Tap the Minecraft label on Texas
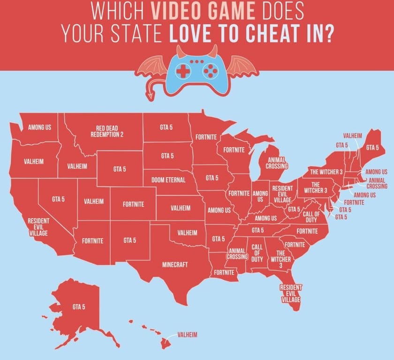(175, 265)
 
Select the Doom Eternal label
(168, 180)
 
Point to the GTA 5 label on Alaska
(79, 307)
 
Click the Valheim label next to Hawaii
(187, 335)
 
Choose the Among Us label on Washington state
(39, 127)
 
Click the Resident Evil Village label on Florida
(291, 293)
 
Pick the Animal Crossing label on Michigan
(277, 162)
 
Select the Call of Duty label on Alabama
(257, 253)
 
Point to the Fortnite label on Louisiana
(224, 272)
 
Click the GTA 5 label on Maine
(372, 147)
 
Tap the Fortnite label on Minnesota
(206, 137)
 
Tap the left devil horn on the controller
(180, 51)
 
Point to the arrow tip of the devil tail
(151, 97)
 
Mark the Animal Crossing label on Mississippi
(237, 254)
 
